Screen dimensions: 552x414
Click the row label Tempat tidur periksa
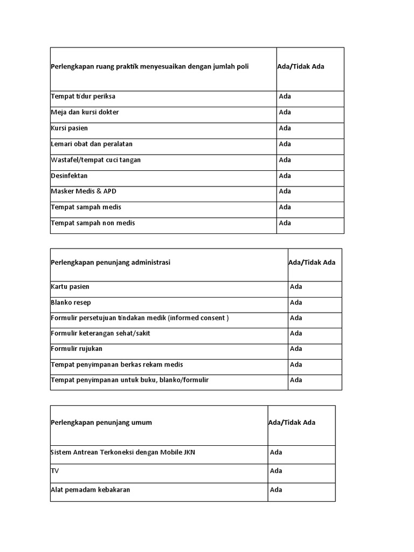(x=83, y=96)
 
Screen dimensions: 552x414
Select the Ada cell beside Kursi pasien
(x=285, y=128)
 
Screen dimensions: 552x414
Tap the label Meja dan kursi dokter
(x=85, y=112)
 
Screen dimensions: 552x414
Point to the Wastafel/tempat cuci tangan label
(x=95, y=160)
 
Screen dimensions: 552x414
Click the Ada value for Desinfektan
(x=285, y=176)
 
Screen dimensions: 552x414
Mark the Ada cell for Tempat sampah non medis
(x=285, y=223)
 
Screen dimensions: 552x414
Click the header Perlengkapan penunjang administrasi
(x=111, y=263)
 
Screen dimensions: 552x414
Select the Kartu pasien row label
(x=70, y=287)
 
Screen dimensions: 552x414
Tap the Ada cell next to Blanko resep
(x=296, y=302)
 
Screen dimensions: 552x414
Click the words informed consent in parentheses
(x=198, y=318)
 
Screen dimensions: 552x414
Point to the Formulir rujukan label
(x=77, y=349)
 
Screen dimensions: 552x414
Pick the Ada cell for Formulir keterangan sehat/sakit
(x=296, y=333)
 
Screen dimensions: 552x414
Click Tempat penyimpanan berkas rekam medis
(x=117, y=364)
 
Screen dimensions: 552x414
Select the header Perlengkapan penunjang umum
(x=101, y=423)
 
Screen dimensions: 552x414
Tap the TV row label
(x=55, y=471)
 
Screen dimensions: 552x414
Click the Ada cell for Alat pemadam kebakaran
(x=276, y=490)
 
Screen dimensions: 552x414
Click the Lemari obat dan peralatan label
(x=92, y=144)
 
